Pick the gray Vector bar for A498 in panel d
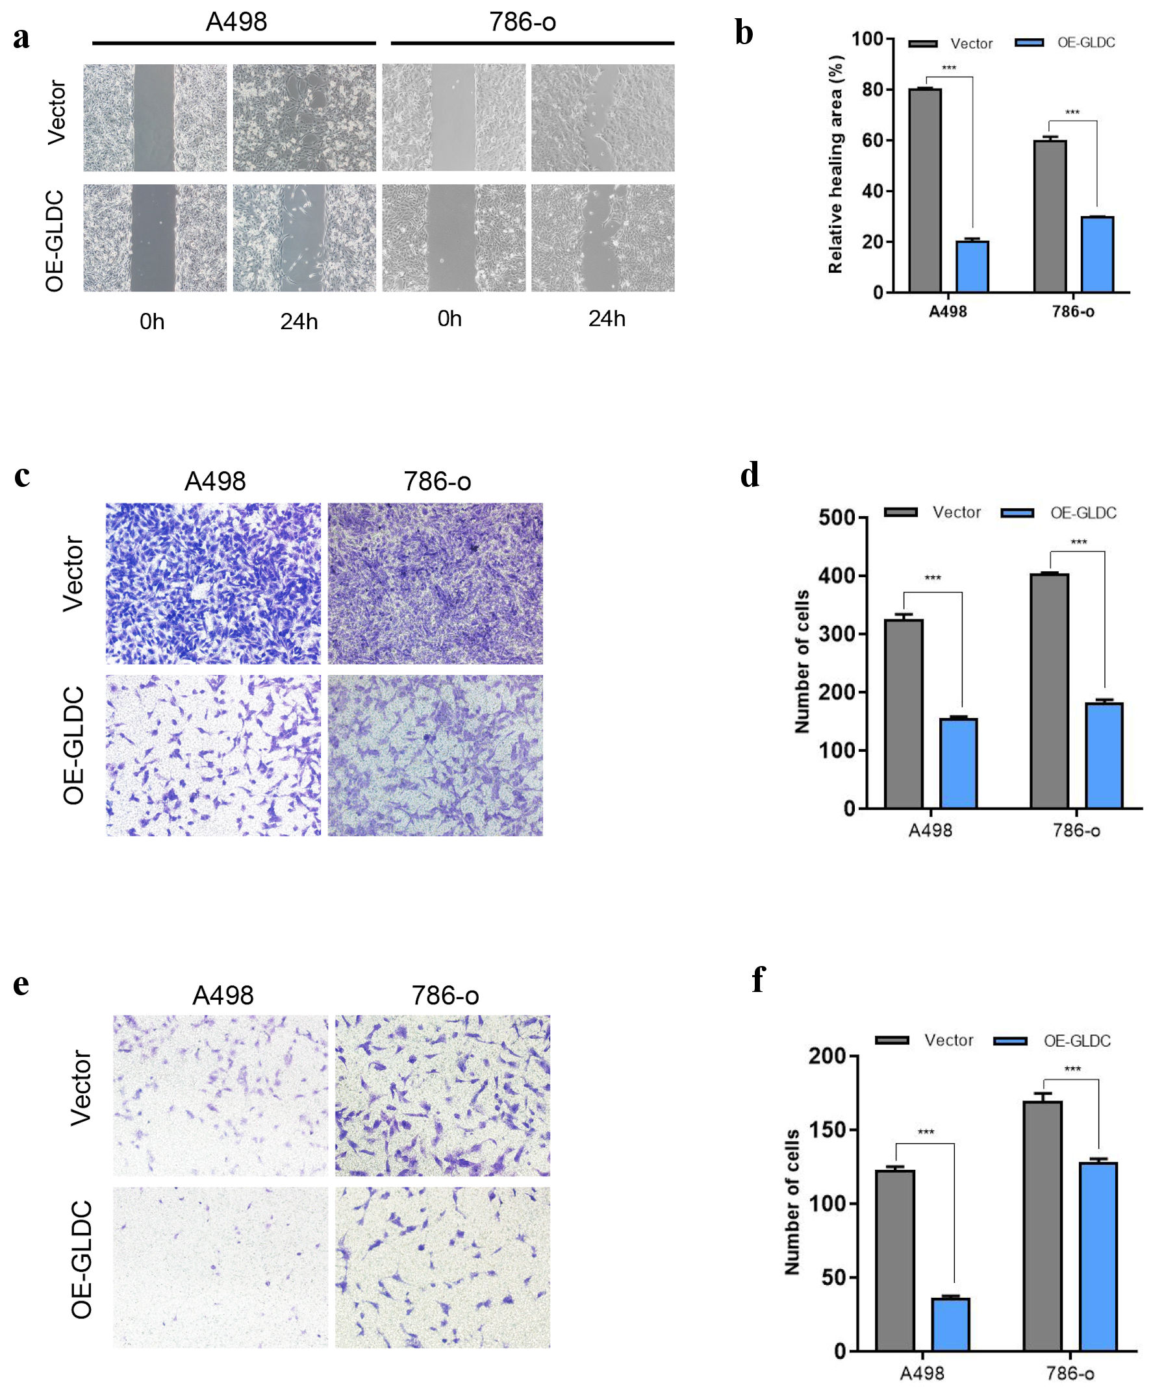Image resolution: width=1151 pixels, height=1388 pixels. point(904,713)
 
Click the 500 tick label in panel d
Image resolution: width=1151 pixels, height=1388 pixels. point(837,517)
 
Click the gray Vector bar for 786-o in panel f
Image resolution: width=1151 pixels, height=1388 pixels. point(1043,1226)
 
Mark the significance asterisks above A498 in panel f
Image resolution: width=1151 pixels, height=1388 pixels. point(926,1132)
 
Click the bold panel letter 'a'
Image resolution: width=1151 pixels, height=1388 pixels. point(21,38)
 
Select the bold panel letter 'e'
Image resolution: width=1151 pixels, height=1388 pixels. point(21,984)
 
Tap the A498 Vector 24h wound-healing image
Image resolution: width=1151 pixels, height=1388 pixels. point(304,118)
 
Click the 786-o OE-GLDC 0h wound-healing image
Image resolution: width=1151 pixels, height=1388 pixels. point(453,238)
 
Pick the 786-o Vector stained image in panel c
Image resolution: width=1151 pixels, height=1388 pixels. point(435,584)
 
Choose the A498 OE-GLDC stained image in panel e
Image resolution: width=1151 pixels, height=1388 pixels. point(220,1267)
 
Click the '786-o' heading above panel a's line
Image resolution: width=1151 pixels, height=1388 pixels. point(522,23)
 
